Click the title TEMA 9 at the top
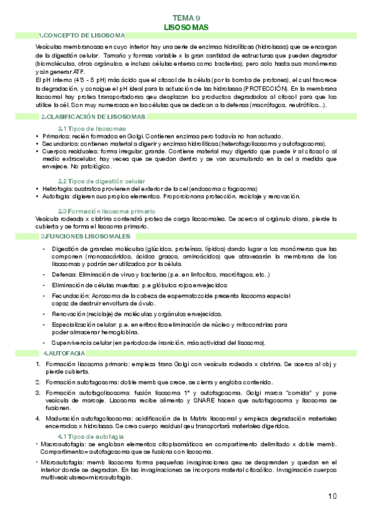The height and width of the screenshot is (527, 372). coord(186,19)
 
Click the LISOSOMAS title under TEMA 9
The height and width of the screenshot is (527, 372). coord(186,27)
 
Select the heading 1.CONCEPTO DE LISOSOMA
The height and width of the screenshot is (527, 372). coord(81,35)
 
